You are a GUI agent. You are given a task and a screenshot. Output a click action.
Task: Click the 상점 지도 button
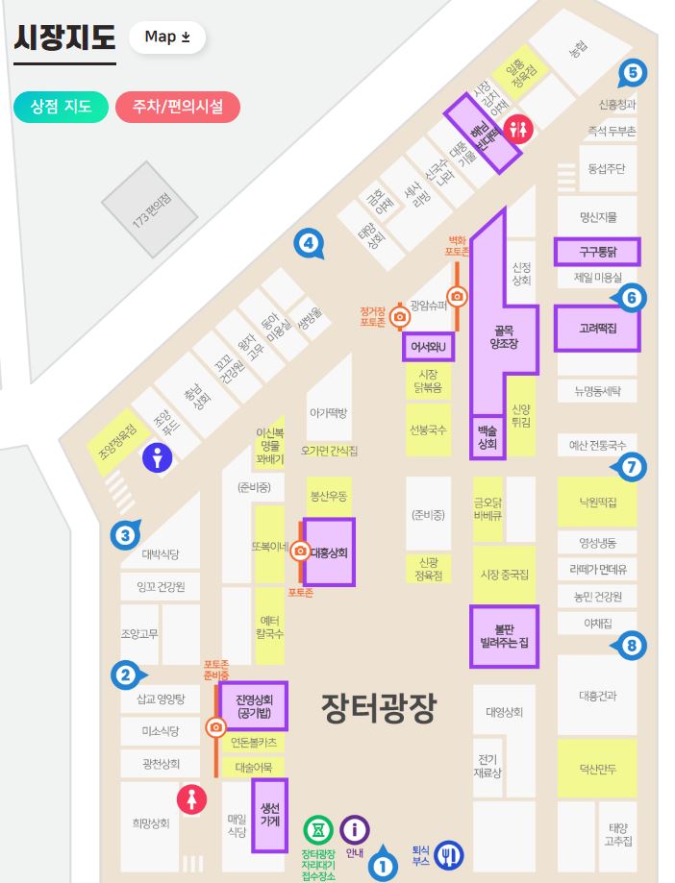tap(60, 107)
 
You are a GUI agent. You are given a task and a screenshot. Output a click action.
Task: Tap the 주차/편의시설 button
tap(177, 107)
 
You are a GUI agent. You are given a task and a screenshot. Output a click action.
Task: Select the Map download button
tap(166, 37)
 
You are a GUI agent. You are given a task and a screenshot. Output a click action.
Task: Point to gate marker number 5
tap(632, 71)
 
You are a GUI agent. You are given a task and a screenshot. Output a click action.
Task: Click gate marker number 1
tap(384, 865)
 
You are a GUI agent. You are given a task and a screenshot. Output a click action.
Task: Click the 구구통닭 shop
tap(596, 252)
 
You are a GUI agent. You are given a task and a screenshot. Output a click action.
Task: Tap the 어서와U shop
tap(430, 346)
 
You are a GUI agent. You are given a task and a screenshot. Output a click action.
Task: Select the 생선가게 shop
tap(270, 816)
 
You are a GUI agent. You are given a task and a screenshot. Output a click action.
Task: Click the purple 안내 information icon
tap(355, 828)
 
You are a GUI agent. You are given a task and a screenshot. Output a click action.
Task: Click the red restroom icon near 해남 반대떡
tap(520, 128)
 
